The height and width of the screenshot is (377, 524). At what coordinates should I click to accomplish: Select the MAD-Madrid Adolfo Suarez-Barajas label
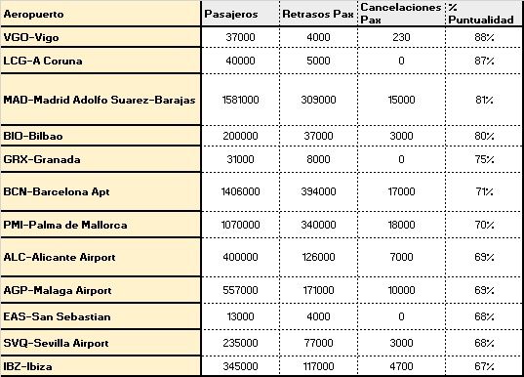(101, 99)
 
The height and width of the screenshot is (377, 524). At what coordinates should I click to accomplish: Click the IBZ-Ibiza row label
(31, 364)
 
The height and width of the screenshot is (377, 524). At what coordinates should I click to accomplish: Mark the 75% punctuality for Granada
(481, 158)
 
